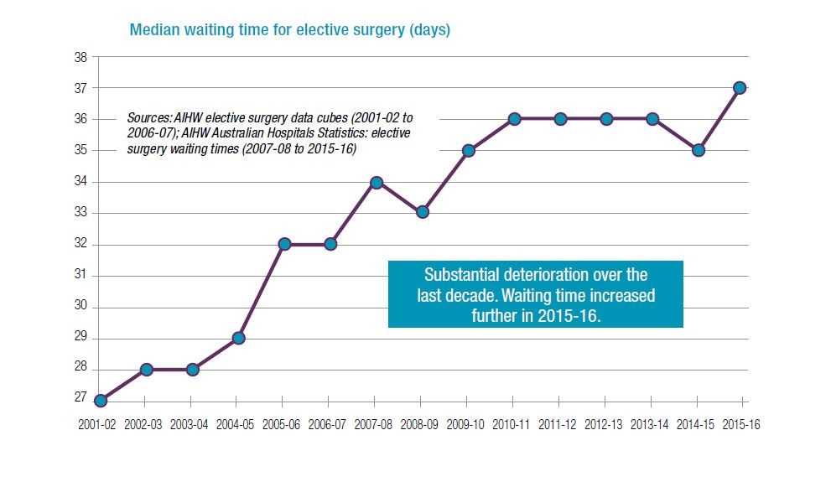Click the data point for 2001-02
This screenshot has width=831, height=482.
coord(101,401)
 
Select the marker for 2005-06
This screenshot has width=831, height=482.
coord(284,244)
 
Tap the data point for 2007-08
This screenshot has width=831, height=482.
coord(377,182)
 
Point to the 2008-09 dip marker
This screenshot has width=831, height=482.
coord(423,212)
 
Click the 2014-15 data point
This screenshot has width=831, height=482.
coord(699,150)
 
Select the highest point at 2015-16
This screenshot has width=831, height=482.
coord(740,88)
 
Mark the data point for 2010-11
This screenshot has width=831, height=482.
coord(514,119)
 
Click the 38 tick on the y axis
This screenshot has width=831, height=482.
coord(81,57)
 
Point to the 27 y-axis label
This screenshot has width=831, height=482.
coord(81,401)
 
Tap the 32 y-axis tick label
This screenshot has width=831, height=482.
coord(81,245)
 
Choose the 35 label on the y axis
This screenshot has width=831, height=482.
coord(81,151)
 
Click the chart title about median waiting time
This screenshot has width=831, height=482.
coord(289,30)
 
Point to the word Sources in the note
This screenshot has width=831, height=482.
coord(147,117)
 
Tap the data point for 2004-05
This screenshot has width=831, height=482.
coord(238,338)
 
